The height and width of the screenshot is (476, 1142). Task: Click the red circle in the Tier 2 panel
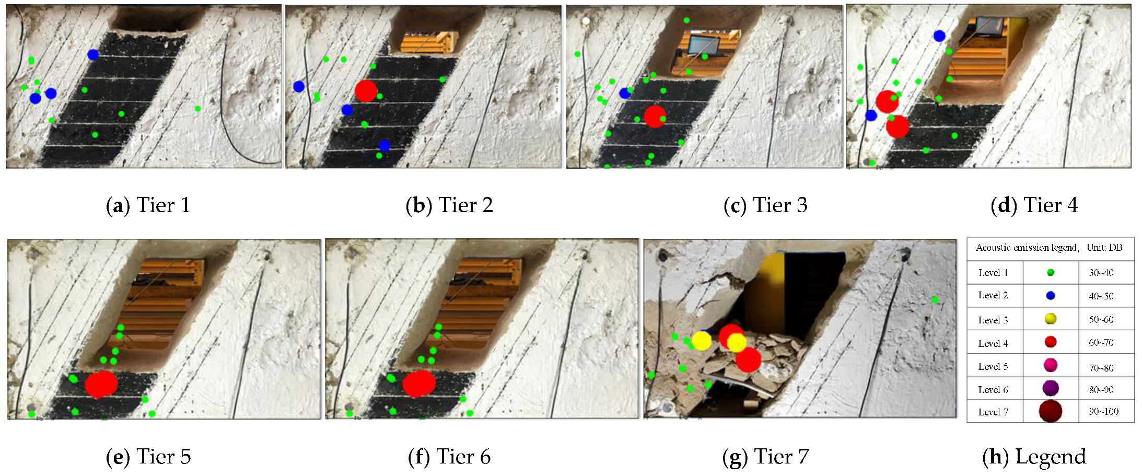point(366,91)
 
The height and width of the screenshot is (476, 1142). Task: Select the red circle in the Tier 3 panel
point(655,117)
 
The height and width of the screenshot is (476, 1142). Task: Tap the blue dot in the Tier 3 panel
point(625,93)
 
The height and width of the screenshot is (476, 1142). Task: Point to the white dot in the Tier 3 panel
point(586,21)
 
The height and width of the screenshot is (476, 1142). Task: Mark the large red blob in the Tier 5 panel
point(101,384)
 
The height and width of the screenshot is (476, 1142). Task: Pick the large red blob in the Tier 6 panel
point(419,384)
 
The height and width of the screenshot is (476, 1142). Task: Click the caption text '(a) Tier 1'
point(148,205)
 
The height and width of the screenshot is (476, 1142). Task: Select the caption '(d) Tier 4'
point(1034,205)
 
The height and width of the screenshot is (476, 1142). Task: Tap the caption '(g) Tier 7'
point(765,457)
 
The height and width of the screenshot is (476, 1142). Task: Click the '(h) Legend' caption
point(1034,457)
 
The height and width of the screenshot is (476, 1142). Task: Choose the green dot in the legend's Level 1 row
point(1051,272)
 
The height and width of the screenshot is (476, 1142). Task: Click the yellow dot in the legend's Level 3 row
point(1051,319)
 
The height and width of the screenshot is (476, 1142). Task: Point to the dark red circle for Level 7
point(1051,411)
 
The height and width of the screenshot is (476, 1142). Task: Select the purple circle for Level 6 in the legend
point(1051,388)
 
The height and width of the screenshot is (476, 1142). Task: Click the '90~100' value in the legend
point(1103,412)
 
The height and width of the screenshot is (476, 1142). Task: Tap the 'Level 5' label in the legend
point(993,366)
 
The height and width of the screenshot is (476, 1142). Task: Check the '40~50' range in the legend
point(1101,296)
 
